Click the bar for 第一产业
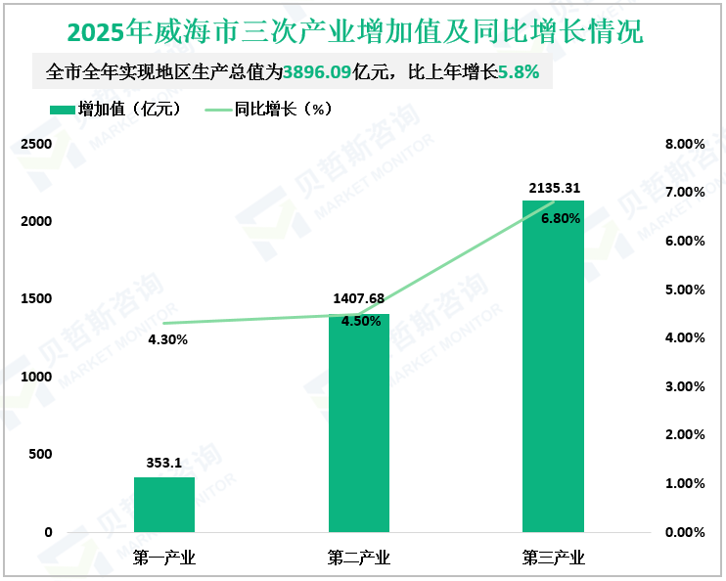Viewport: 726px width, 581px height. pos(164,505)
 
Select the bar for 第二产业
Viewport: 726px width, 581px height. pos(359,423)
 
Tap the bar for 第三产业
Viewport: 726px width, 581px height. pos(553,367)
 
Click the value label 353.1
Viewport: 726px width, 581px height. pos(164,464)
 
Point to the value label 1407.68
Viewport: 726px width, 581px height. pos(359,299)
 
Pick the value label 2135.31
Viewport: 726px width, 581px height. pos(554,187)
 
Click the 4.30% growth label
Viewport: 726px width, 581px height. pos(168,340)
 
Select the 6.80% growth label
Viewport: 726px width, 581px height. pos(561,219)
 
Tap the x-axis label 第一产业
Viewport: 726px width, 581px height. pos(164,559)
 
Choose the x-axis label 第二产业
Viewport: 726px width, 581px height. pos(359,559)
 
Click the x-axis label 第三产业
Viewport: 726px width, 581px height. pos(554,559)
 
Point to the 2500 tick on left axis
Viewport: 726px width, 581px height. pos(36,145)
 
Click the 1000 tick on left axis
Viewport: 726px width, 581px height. pos(36,378)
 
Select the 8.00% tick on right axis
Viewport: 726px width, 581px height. pos(684,145)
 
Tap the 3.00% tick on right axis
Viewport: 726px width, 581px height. pos(684,387)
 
